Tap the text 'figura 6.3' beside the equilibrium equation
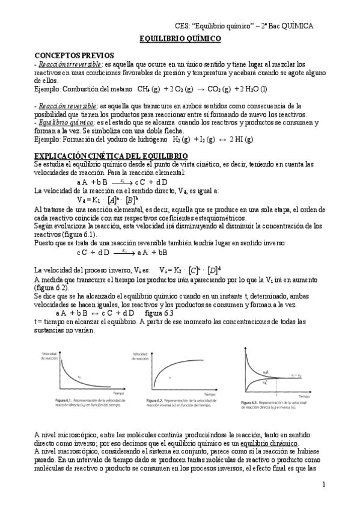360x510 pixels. coord(159,313)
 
